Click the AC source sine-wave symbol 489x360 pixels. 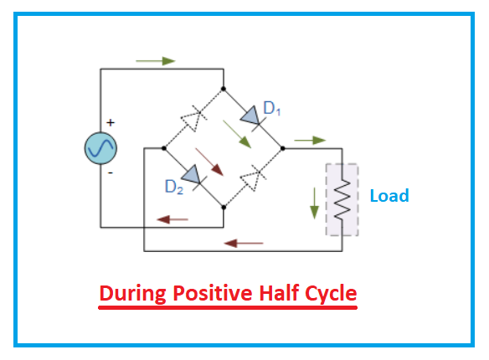click(x=100, y=148)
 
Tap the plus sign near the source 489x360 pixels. click(x=110, y=123)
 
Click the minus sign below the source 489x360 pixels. click(x=110, y=172)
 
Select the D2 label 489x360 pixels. click(x=173, y=188)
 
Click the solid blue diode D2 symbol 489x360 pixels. click(x=193, y=176)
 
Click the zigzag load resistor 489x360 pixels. click(x=341, y=198)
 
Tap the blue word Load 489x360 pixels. click(x=389, y=196)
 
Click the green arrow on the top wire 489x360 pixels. click(x=155, y=61)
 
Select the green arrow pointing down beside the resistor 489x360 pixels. click(x=315, y=201)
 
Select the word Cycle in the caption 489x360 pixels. click(x=327, y=294)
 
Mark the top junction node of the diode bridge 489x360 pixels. click(x=224, y=87)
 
